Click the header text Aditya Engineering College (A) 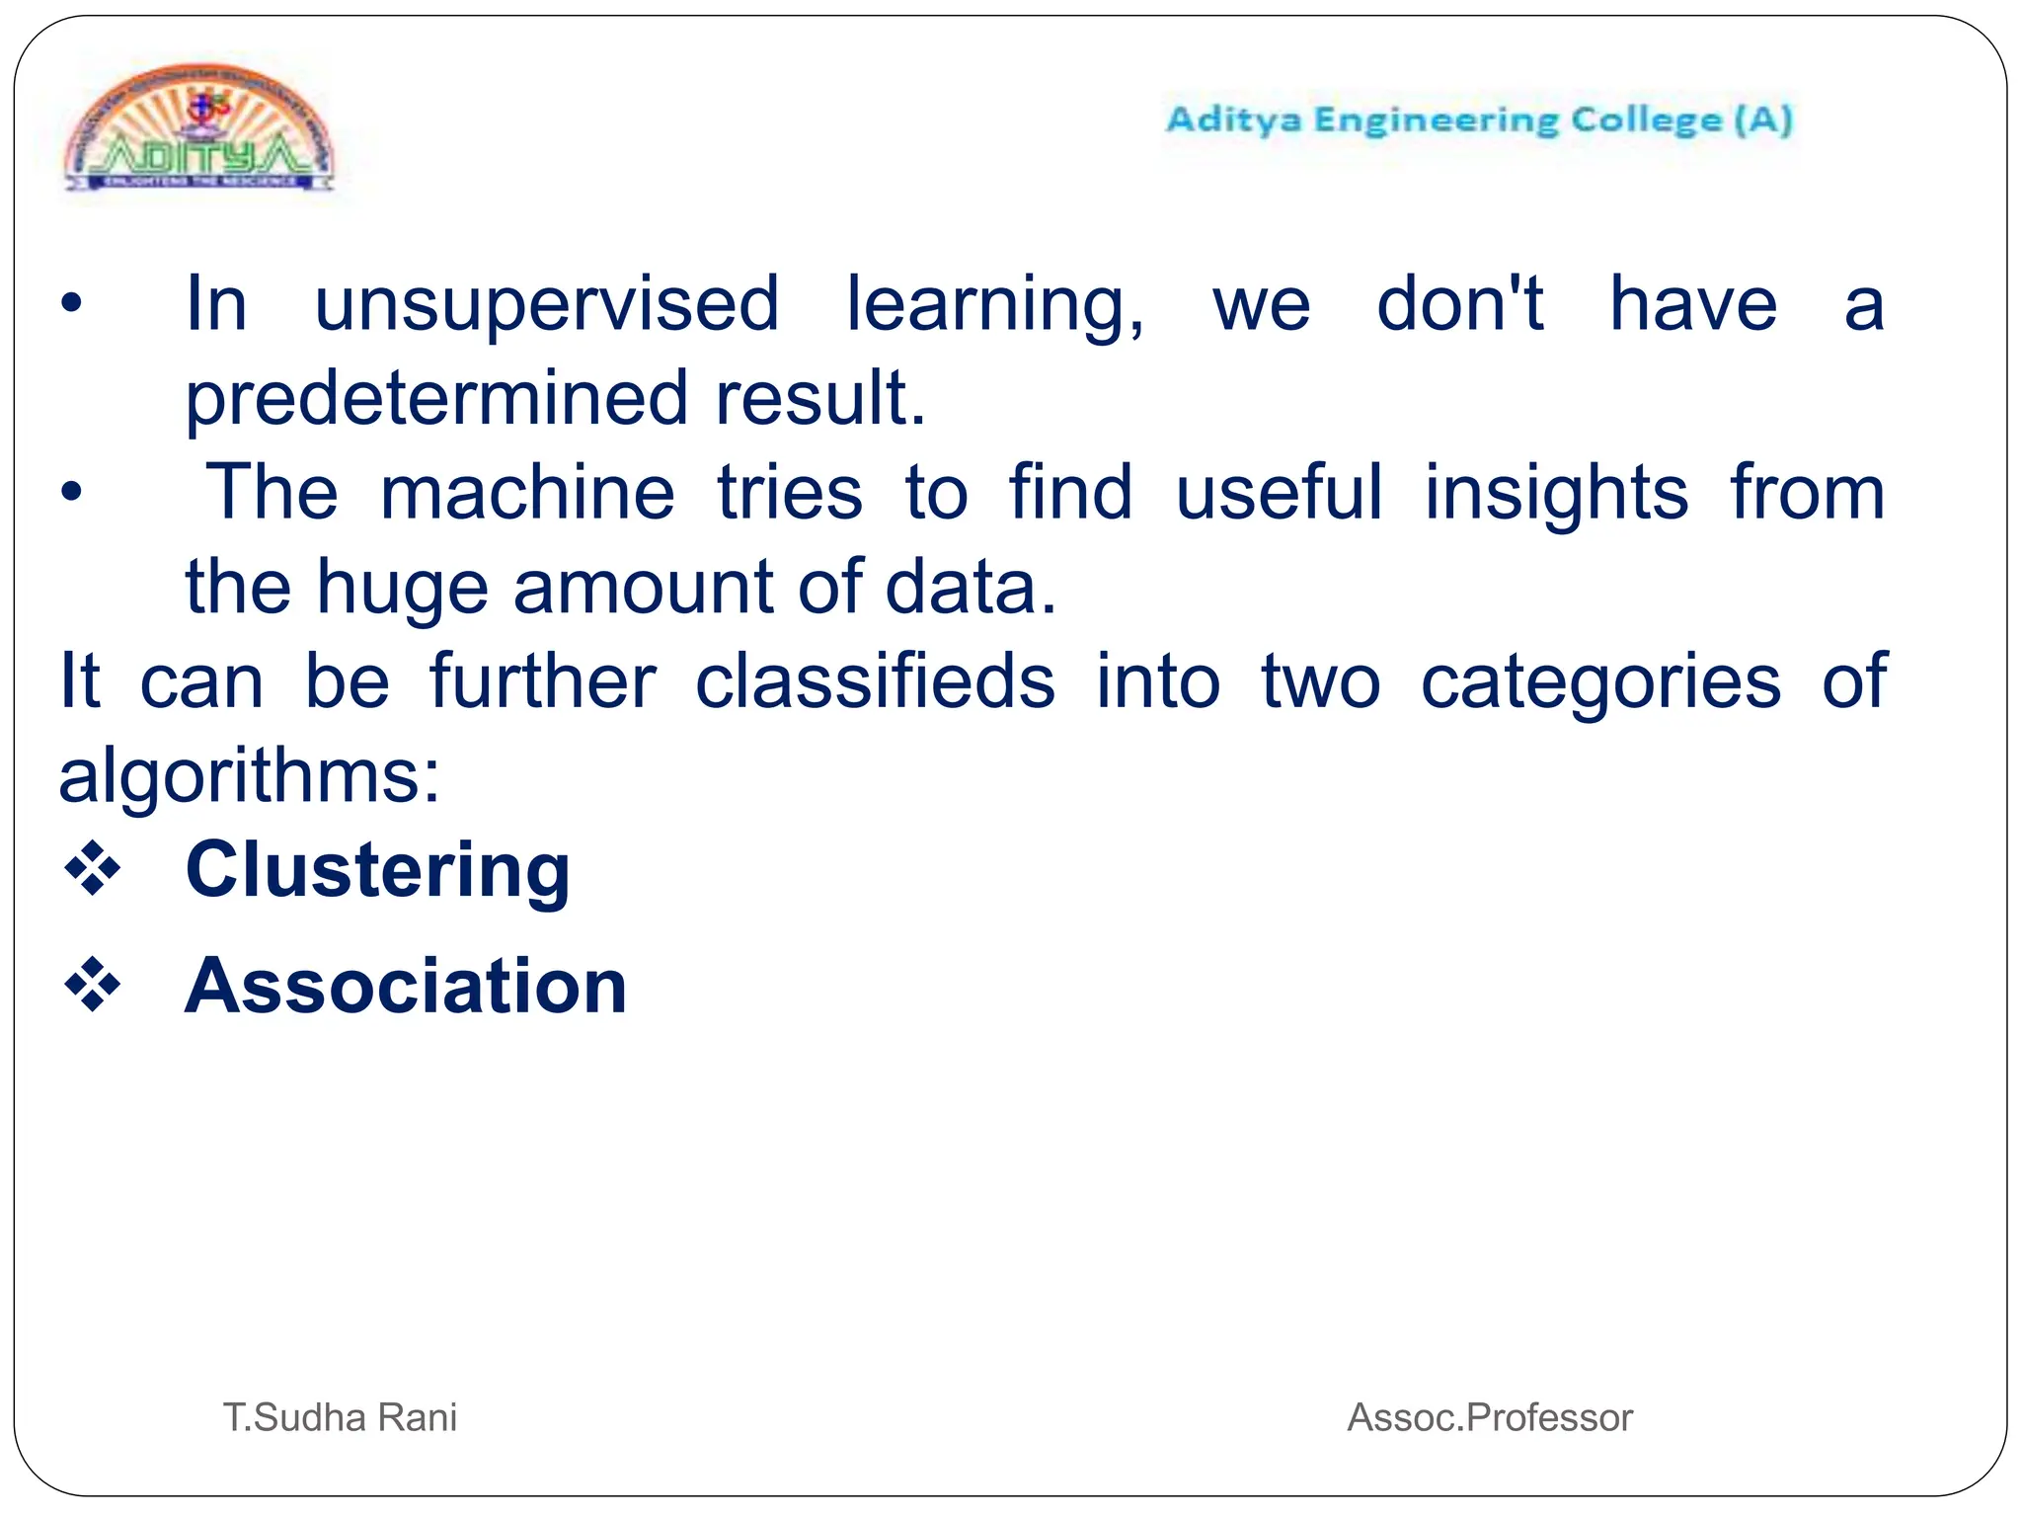1479,120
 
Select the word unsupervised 547,304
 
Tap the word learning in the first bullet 994,304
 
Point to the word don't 1459,304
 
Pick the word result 820,398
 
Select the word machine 527,493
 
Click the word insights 1556,493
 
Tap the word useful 1280,493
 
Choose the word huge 402,588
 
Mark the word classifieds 875,681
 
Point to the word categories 1600,681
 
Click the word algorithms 249,776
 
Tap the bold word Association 406,987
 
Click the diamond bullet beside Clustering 92,869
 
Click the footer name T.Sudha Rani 340,1417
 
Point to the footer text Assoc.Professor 1490,1417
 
